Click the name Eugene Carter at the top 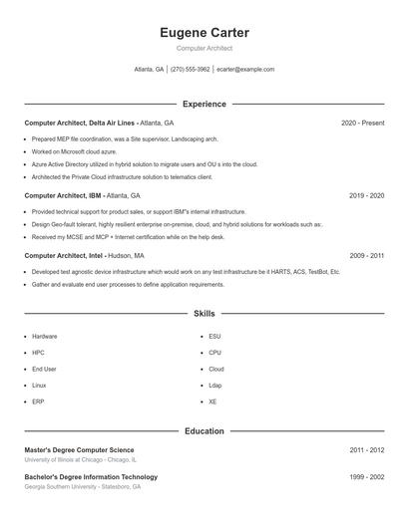click(x=204, y=33)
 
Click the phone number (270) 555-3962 click(x=190, y=70)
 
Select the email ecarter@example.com click(x=245, y=70)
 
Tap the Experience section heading click(x=204, y=104)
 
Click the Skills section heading click(x=204, y=314)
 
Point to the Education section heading click(x=204, y=431)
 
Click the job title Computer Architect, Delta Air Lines click(x=80, y=123)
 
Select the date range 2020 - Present click(x=362, y=123)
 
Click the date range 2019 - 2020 click(x=366, y=196)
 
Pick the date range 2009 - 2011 click(x=366, y=255)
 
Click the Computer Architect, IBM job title click(x=64, y=196)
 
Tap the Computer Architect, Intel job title click(x=65, y=255)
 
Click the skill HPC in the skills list click(x=38, y=353)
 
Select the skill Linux click(x=39, y=385)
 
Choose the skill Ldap click(x=215, y=385)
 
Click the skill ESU click(x=214, y=337)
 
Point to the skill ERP click(x=38, y=400)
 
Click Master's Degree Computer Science click(x=79, y=450)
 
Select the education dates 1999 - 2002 click(x=366, y=477)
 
